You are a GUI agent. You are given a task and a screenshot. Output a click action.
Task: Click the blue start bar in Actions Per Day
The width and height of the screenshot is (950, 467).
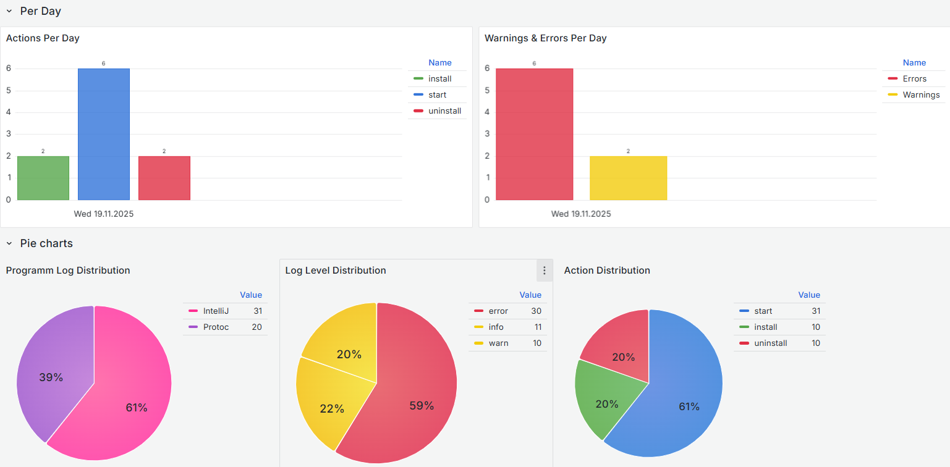[x=103, y=135]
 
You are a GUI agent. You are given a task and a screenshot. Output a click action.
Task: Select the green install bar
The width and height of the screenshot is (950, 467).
[x=43, y=179]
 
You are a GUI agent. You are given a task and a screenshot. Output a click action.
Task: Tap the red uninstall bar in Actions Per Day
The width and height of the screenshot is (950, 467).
[x=164, y=179]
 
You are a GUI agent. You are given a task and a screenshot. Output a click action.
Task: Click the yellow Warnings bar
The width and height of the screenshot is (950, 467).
[x=628, y=179]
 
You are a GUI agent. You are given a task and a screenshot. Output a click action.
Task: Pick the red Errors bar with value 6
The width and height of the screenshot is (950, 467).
[x=534, y=135]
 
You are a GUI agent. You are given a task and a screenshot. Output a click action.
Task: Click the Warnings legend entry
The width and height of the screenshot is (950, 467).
[x=920, y=95]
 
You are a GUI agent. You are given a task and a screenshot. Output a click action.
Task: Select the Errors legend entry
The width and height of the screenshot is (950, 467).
[x=914, y=78]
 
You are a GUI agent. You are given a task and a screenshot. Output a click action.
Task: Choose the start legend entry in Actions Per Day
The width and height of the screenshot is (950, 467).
[x=437, y=95]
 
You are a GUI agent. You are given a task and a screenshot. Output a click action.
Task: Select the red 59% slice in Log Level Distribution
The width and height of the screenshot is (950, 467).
[x=417, y=395]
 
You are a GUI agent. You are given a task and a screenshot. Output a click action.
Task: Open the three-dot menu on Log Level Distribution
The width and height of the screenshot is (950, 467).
[x=544, y=271]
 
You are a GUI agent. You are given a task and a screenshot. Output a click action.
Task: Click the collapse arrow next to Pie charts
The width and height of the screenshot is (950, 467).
[x=9, y=243]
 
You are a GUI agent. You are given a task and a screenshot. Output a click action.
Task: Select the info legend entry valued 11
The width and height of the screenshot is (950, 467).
[x=496, y=327]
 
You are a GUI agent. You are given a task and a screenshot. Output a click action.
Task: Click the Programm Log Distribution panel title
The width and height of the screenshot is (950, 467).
[x=68, y=271]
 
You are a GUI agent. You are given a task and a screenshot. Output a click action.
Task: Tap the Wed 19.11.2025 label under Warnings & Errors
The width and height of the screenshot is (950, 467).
[x=581, y=214]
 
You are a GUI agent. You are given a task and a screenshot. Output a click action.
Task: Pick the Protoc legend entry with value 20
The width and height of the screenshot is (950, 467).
[x=216, y=327]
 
